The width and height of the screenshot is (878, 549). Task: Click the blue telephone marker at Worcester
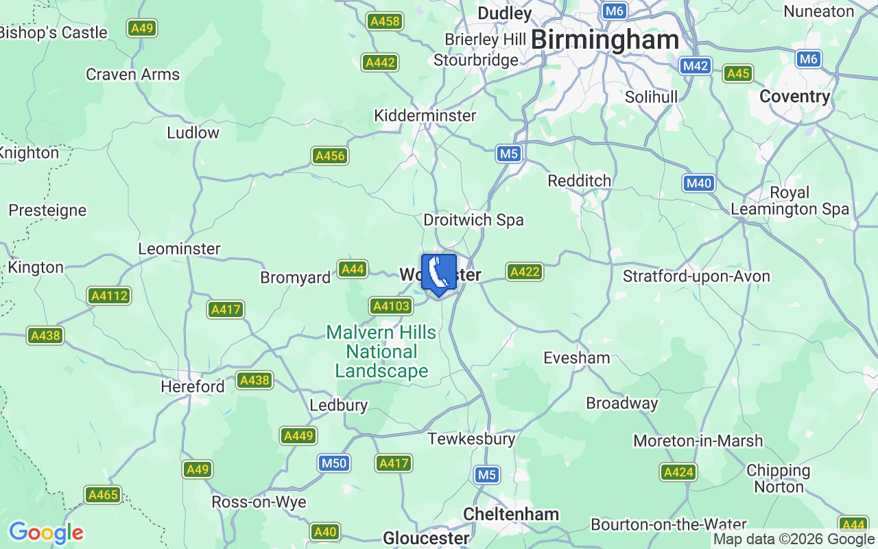[438, 274]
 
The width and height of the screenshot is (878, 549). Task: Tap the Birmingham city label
[605, 40]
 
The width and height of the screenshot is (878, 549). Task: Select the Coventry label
[794, 97]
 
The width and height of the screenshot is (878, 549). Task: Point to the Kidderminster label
[425, 115]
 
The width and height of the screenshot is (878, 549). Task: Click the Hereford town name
[192, 386]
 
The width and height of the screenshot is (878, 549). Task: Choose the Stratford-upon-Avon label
[696, 277]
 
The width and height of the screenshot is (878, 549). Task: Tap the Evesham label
[576, 358]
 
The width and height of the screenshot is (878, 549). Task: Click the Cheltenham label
[511, 514]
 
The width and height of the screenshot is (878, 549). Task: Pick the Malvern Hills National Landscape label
[381, 351]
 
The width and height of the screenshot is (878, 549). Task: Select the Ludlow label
[193, 132]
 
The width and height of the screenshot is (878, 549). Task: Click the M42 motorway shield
[696, 66]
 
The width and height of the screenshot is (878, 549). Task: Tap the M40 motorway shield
[698, 183]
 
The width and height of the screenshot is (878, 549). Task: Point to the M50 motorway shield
[334, 463]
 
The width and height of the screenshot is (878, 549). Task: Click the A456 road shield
[329, 156]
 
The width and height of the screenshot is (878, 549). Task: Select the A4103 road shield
[390, 306]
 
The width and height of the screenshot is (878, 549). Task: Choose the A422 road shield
[525, 272]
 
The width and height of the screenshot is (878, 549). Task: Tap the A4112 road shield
[109, 296]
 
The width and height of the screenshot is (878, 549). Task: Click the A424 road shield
[678, 472]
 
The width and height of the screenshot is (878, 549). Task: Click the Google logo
[46, 533]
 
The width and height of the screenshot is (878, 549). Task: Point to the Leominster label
[179, 248]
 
